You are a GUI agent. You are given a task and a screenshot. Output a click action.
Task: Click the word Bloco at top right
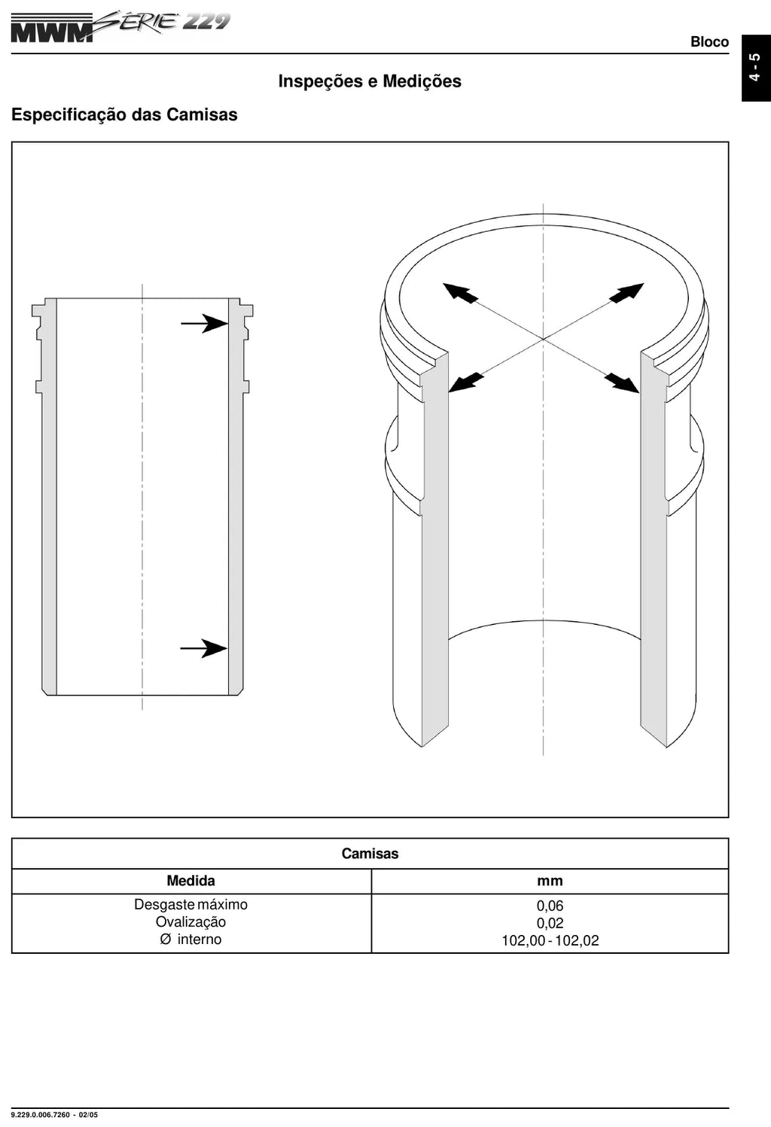[x=709, y=41]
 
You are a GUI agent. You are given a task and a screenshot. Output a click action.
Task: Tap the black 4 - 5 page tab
[x=756, y=68]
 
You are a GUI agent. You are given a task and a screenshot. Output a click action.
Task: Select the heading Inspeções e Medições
[x=370, y=81]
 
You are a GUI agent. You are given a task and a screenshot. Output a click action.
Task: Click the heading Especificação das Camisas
[x=124, y=114]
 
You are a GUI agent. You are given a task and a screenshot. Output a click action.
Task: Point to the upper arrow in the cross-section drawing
[x=204, y=323]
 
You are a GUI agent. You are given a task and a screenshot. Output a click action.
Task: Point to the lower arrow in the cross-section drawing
[x=204, y=648]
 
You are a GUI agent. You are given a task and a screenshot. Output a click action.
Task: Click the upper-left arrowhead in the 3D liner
[x=460, y=293]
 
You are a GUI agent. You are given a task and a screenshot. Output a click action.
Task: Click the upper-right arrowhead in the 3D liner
[x=626, y=292]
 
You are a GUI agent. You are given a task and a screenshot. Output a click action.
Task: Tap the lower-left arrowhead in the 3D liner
[x=465, y=383]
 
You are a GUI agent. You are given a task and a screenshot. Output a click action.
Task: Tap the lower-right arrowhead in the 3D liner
[x=621, y=383]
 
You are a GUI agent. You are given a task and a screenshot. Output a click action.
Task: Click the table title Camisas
[x=370, y=853]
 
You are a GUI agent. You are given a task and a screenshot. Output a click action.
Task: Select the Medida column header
[x=190, y=881]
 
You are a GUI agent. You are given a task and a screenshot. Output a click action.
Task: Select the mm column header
[x=550, y=881]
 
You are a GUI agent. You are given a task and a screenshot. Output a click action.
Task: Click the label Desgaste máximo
[x=190, y=905]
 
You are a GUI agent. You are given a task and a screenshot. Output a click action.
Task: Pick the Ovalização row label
[x=190, y=922]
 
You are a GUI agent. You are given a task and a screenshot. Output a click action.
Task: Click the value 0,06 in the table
[x=550, y=906]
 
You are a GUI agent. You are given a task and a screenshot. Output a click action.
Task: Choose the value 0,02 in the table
[x=550, y=923]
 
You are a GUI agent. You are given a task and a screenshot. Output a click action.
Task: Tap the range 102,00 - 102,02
[x=550, y=941]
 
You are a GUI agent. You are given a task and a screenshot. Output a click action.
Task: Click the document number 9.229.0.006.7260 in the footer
[x=40, y=1115]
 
